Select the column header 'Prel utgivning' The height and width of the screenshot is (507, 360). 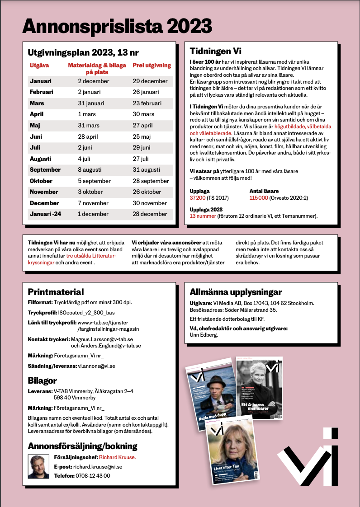(x=152, y=65)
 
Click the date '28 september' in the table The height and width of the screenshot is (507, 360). (x=151, y=181)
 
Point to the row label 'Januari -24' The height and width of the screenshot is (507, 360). (x=45, y=214)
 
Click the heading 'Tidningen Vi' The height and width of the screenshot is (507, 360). (x=215, y=51)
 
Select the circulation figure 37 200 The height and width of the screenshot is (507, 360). (x=198, y=197)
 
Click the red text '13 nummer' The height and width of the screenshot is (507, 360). (x=202, y=216)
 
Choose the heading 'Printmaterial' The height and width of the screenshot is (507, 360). (x=56, y=292)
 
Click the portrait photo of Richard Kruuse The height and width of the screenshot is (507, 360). (x=38, y=466)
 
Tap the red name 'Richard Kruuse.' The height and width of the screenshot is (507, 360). (x=117, y=457)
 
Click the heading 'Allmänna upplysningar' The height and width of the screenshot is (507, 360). (x=236, y=292)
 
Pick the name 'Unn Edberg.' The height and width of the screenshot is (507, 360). (x=204, y=335)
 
